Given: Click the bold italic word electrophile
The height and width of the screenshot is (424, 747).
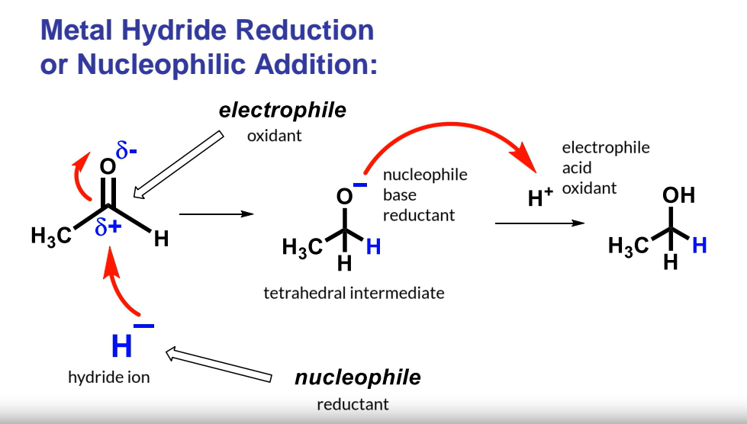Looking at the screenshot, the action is [x=282, y=110].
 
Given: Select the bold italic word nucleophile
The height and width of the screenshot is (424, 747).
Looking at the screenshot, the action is [x=357, y=377].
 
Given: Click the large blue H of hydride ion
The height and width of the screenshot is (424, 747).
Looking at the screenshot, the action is [x=122, y=347].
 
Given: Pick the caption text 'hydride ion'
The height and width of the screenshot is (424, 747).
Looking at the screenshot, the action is [x=109, y=377].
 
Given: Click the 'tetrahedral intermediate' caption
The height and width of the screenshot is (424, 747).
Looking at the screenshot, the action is [x=353, y=292].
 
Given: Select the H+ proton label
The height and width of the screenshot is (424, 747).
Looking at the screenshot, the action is [x=540, y=199].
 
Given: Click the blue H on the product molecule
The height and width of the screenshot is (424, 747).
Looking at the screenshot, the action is [x=699, y=245].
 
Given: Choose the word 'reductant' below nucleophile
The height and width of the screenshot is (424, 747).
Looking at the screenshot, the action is [x=353, y=404].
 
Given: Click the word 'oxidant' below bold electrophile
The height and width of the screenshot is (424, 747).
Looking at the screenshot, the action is [x=275, y=137].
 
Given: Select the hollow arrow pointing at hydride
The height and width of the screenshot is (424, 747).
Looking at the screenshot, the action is [x=218, y=365].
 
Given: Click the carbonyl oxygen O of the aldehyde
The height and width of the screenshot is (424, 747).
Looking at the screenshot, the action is [x=108, y=167].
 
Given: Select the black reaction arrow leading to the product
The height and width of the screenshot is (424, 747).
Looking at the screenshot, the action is [x=539, y=223].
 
